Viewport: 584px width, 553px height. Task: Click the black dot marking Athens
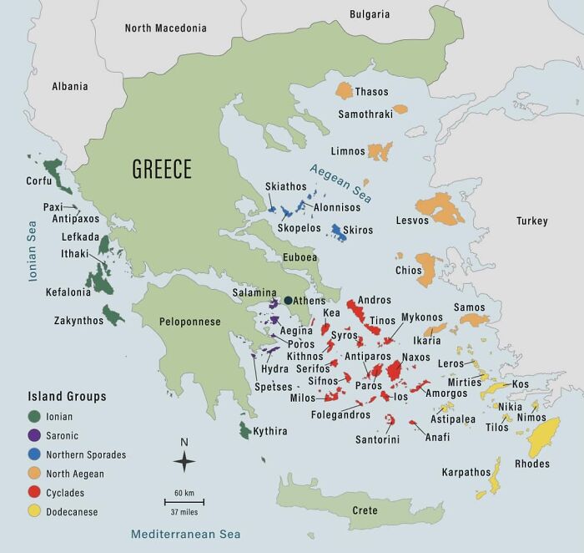point(288,300)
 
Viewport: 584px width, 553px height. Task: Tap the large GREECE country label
point(162,170)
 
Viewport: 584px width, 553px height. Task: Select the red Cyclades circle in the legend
point(34,493)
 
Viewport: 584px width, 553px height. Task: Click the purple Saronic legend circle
point(34,434)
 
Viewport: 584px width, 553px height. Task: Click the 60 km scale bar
point(184,501)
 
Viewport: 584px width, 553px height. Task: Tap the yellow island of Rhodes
point(550,439)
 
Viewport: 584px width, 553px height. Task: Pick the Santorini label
point(377,439)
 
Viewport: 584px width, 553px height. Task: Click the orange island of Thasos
point(345,90)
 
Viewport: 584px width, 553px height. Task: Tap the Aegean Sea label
point(340,182)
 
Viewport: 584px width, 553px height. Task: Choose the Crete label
point(365,510)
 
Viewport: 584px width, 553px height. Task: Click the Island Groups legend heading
point(67,396)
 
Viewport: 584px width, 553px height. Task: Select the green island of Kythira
point(245,430)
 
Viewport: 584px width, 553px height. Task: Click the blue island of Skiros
point(338,231)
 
